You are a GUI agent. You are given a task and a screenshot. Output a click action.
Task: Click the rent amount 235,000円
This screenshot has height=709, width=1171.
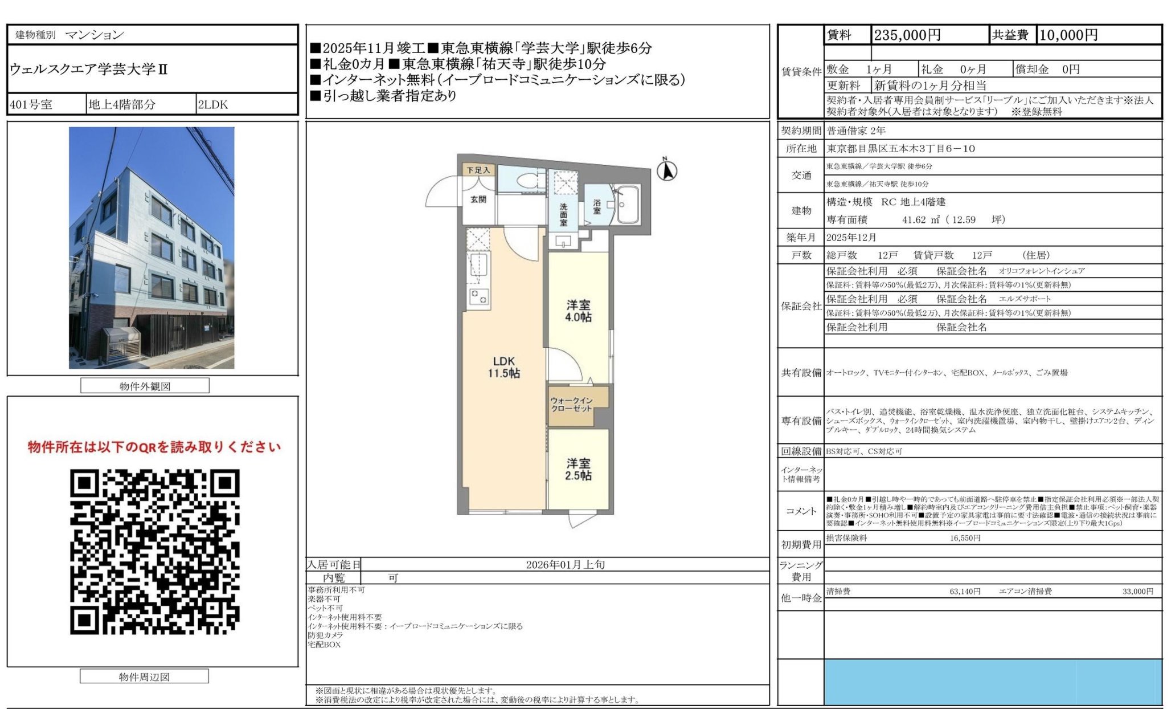(x=907, y=35)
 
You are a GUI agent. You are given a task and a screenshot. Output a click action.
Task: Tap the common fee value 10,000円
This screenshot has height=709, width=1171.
(x=1068, y=35)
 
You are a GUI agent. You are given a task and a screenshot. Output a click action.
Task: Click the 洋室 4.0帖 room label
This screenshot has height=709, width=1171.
(x=578, y=311)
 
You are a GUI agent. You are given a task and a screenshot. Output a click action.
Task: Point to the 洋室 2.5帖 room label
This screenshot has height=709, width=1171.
(x=578, y=470)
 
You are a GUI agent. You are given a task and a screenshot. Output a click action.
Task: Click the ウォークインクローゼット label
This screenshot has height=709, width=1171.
(x=571, y=405)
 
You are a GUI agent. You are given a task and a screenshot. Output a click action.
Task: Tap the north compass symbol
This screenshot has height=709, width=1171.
(x=667, y=170)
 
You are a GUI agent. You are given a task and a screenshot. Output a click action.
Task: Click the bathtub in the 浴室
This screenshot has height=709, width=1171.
(x=628, y=206)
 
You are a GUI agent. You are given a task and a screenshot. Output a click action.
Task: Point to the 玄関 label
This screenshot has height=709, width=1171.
(x=478, y=199)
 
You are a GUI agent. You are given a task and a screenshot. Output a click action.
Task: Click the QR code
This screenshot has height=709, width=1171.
(x=154, y=551)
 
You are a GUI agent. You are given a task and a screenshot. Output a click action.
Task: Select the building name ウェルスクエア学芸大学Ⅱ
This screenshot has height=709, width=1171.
(x=89, y=70)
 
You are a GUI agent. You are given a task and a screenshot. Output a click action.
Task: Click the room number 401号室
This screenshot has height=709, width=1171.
(x=31, y=105)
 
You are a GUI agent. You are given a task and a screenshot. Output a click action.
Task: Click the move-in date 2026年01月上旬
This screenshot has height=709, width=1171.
(x=565, y=565)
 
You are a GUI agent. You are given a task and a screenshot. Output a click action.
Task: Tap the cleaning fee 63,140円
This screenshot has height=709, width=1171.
(x=964, y=592)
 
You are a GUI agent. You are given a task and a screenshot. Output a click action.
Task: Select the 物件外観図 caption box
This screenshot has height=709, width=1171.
(x=145, y=386)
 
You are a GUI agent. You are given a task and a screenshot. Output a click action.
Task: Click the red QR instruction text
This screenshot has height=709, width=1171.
(x=154, y=447)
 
